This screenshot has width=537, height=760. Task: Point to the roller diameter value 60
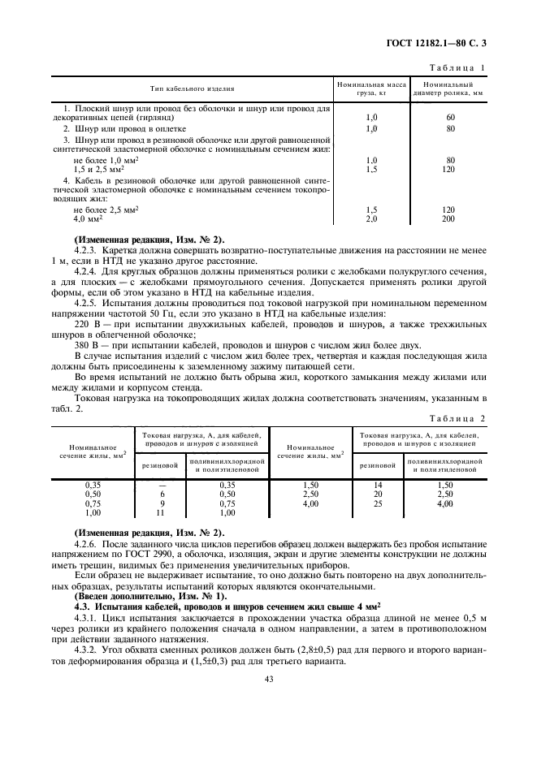coord(449,118)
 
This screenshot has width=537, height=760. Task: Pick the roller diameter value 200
coord(449,219)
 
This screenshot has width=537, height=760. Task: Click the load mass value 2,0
coord(372,219)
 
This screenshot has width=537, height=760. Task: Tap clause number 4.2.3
coord(86,251)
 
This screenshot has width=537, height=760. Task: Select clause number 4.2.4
coord(86,272)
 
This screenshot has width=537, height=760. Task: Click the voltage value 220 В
coord(86,323)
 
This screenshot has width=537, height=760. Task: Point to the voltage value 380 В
coord(86,344)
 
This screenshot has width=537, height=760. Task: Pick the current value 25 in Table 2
coord(377,503)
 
